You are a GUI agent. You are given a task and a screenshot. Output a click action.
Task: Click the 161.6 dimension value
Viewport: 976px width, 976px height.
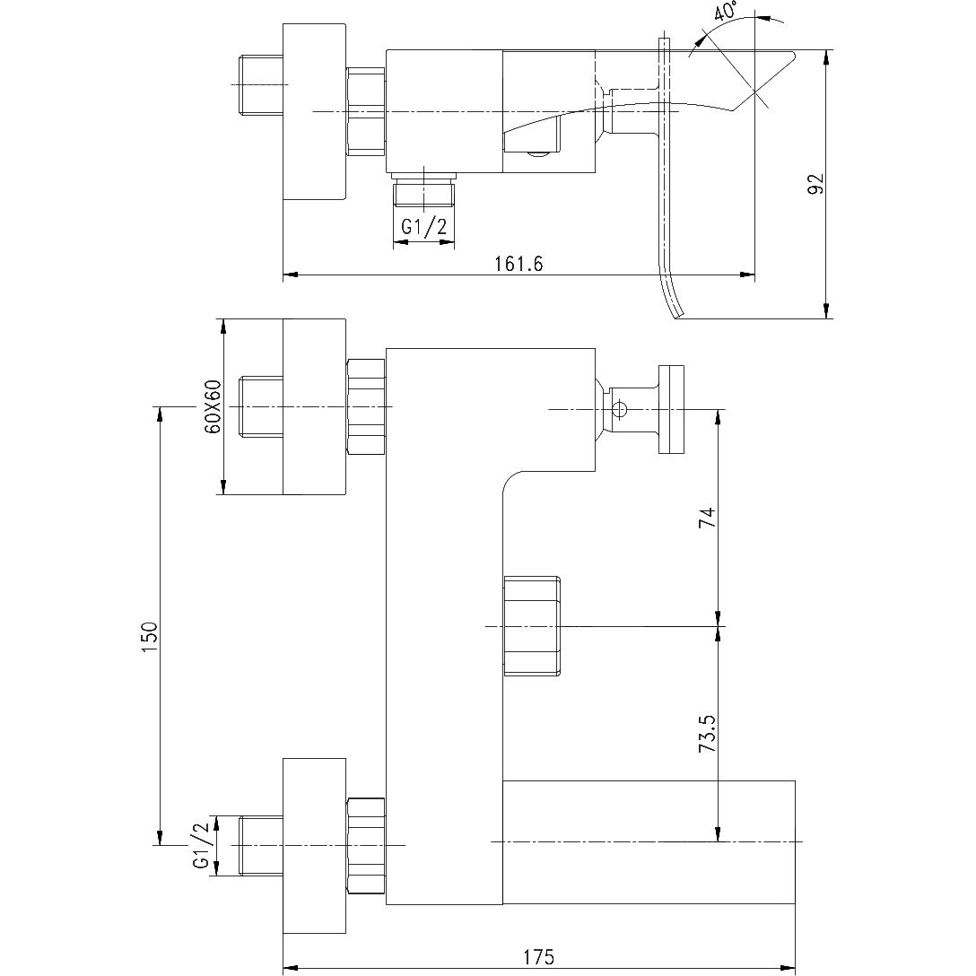[x=518, y=263]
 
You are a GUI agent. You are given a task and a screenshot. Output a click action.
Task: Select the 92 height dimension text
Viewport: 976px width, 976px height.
[x=815, y=184]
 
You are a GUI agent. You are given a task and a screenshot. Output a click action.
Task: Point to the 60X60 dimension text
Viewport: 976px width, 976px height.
[x=213, y=406]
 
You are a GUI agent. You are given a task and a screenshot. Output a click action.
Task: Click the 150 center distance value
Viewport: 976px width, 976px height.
[x=150, y=636]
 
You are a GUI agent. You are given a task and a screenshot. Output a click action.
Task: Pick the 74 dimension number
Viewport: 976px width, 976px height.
[x=708, y=518]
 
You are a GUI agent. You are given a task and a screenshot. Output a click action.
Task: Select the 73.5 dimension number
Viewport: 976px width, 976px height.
[x=708, y=734]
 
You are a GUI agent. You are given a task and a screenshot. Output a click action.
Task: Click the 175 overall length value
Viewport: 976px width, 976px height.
[x=537, y=957]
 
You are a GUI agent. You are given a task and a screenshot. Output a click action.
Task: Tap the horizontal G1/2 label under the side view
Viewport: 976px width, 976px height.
[x=423, y=228]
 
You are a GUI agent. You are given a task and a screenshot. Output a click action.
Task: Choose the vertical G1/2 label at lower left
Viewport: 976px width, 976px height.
[x=201, y=845]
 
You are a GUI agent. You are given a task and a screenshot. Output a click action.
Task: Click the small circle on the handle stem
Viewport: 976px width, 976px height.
[x=619, y=410]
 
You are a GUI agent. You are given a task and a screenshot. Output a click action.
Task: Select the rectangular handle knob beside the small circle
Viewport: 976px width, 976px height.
[x=671, y=410]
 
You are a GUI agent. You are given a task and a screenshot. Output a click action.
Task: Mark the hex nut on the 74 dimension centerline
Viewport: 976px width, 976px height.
[x=532, y=625]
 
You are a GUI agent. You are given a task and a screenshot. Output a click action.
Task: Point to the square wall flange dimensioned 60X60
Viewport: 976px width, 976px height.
[x=314, y=406]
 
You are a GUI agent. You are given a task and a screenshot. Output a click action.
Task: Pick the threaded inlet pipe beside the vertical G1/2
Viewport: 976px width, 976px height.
[x=261, y=845]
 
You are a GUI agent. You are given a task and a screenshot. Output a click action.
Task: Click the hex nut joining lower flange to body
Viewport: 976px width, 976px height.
[x=365, y=845]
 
